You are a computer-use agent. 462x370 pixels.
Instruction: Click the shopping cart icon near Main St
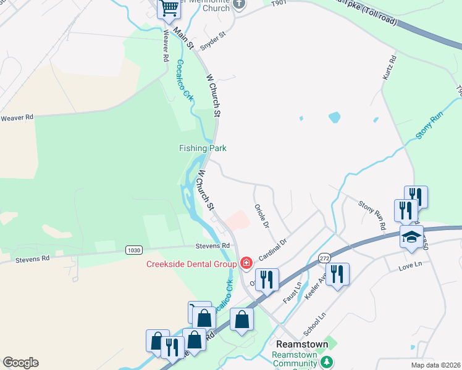coord(168,9)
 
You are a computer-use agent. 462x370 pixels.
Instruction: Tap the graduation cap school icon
coord(411,236)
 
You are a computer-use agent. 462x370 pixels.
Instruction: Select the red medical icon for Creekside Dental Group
coord(246,264)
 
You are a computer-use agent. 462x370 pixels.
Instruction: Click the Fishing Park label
coord(203,148)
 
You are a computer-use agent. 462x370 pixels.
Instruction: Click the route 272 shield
coord(324,257)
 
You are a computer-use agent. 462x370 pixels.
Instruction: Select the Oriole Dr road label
coord(262,216)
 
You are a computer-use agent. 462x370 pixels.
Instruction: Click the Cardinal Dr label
coord(273,250)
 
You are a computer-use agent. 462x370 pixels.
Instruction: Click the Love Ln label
coord(409,264)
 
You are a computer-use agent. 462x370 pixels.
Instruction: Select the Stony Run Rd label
coord(372,215)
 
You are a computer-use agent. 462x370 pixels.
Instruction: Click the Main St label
coord(183,38)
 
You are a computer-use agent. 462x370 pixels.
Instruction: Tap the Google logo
coord(20,362)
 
